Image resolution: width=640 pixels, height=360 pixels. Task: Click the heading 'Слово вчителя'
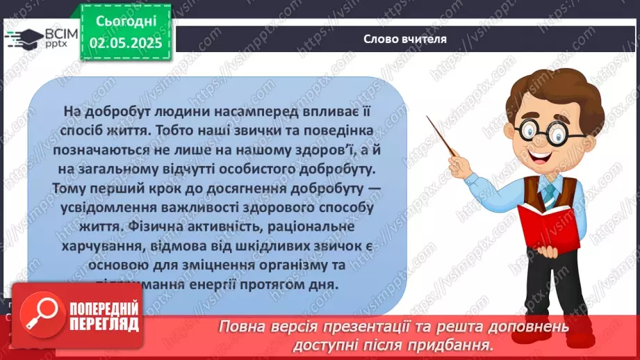(x=404, y=39)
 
